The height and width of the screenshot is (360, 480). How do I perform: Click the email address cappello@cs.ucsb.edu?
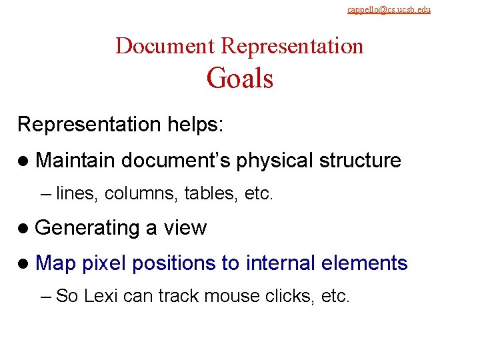pos(389,9)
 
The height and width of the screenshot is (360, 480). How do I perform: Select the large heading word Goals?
pos(240,79)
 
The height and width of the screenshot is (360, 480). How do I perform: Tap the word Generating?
pos(87,228)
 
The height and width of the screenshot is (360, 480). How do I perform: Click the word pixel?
pos(103,263)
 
